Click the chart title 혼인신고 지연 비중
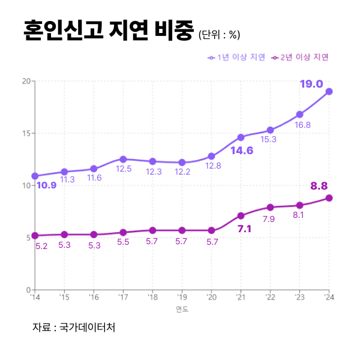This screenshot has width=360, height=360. pos(108,30)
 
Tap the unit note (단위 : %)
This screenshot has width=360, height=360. pos(219,34)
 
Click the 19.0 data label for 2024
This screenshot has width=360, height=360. pos(311,84)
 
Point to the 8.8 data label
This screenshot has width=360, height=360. pos(319,186)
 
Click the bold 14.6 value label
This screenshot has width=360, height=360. pos(242,151)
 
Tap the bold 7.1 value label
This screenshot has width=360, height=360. pos(244,229)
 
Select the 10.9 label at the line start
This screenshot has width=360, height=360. pos(46,185)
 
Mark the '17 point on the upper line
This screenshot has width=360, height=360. pos(123,159)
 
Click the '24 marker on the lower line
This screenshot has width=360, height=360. pos(329,198)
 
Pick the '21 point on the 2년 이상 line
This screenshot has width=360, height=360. pos(241,215)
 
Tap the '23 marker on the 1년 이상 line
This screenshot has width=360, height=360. pos(299,114)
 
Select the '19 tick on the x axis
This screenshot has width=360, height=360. pos(182,297)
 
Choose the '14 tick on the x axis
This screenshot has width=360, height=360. pos(35,297)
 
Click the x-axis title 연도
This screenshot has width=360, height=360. pos(182,310)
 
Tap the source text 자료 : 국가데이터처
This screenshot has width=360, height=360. pos(74,328)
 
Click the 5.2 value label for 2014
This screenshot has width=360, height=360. pos(41,247)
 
